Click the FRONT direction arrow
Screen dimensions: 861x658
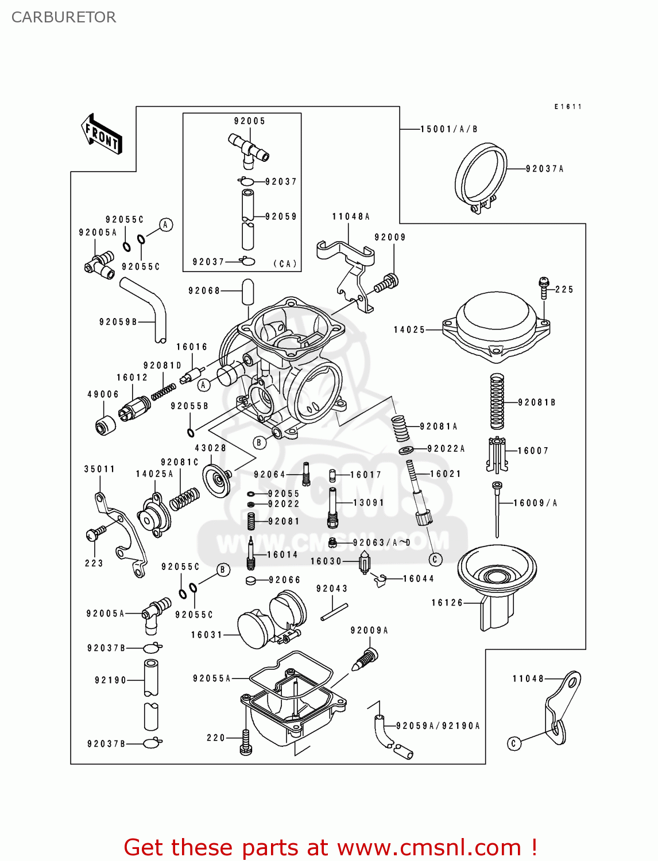[102, 134]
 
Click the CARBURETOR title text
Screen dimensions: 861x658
[64, 17]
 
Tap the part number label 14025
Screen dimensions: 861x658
[409, 329]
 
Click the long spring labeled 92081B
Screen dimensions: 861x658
[497, 401]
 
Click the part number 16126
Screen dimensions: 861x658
[447, 603]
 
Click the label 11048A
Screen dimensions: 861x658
[351, 216]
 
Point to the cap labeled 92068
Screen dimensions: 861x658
[247, 292]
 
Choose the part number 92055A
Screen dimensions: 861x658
[211, 678]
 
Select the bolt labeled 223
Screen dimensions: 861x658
[94, 534]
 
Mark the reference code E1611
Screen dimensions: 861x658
[568, 107]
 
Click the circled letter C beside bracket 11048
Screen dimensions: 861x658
[514, 743]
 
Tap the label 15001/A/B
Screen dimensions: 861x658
[448, 129]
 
